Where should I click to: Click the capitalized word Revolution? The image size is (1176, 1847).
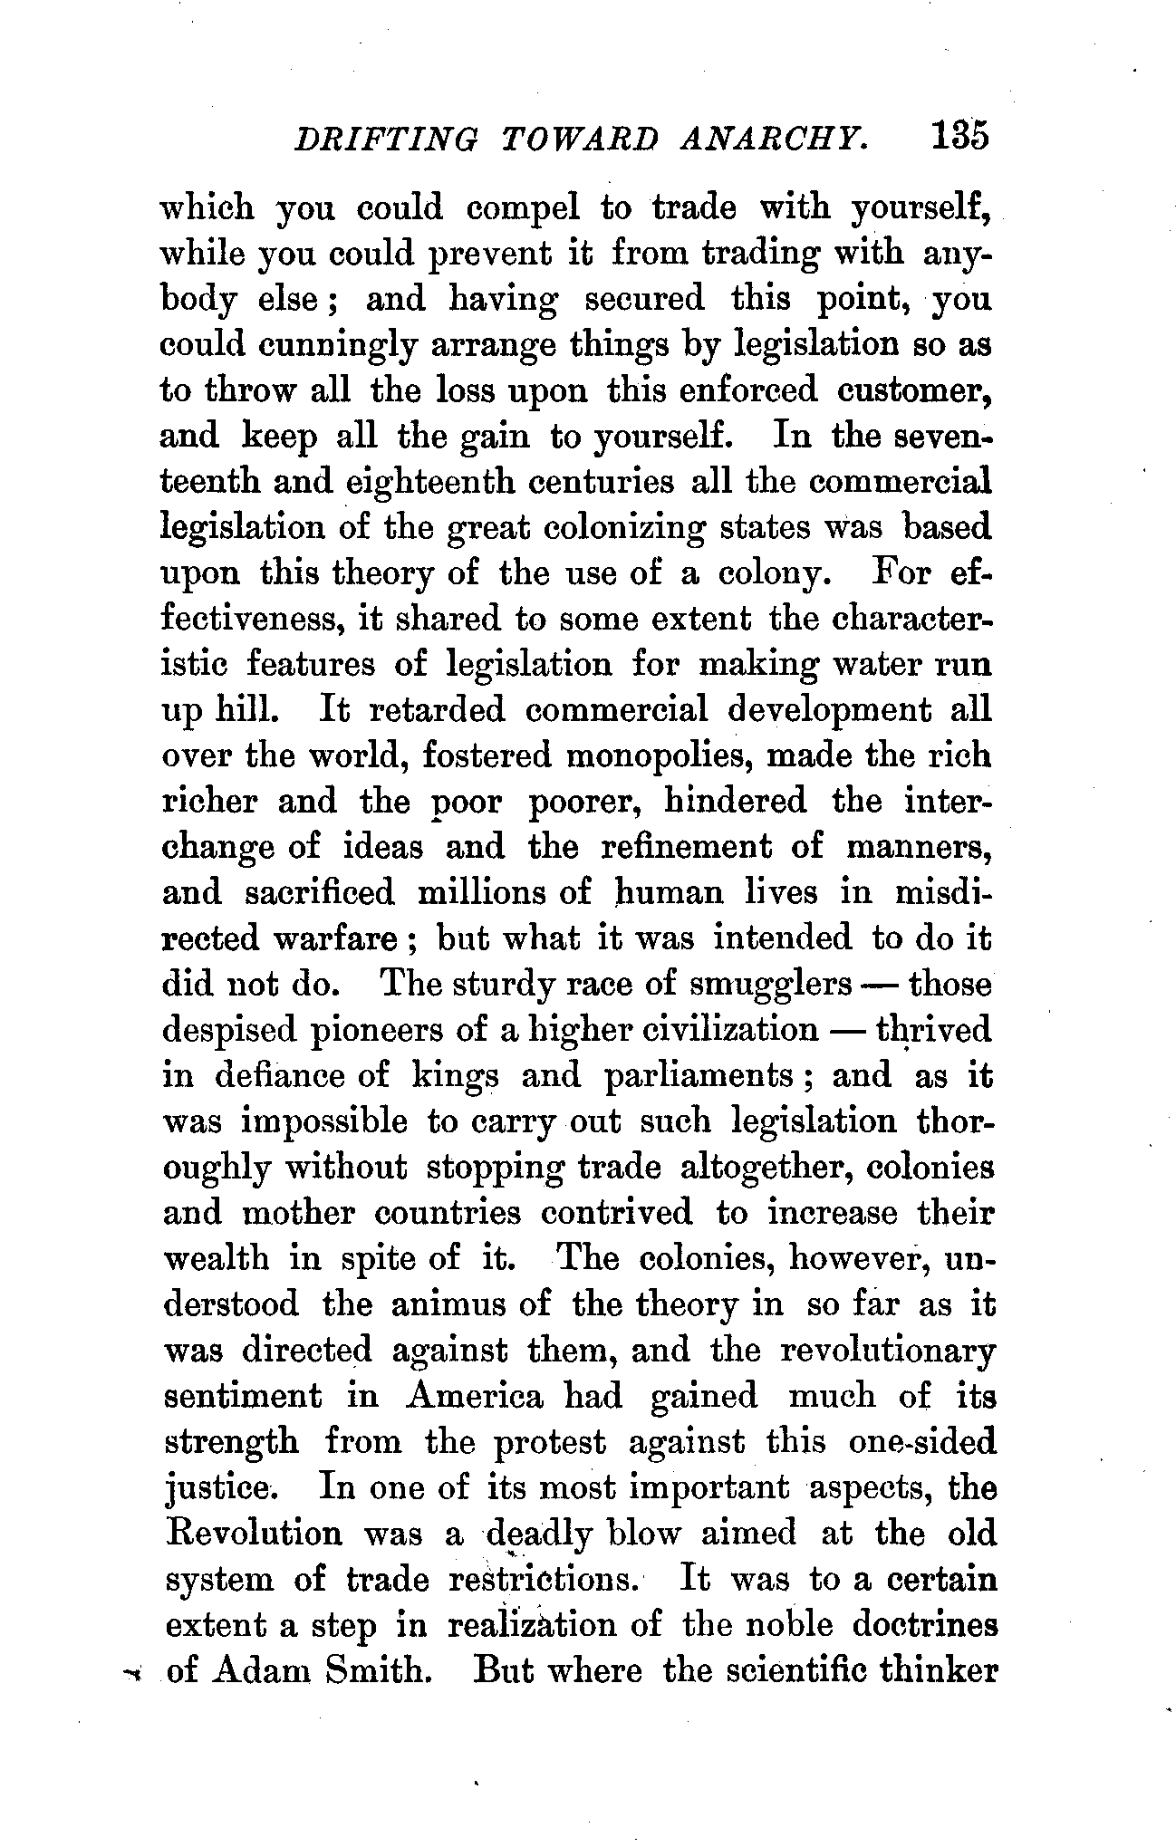pyautogui.click(x=255, y=1534)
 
